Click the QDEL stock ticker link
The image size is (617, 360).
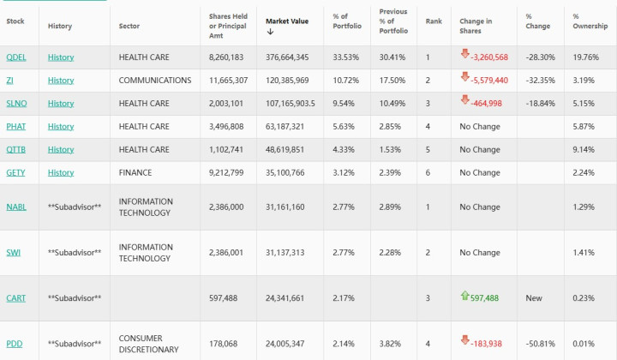[15, 57]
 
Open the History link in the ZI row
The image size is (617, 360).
[61, 80]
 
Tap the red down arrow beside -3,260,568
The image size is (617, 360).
[464, 55]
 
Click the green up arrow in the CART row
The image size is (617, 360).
[465, 296]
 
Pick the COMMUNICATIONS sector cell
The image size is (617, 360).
[155, 80]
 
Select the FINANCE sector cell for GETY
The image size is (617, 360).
[135, 172]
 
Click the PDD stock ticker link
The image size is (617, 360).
[15, 344]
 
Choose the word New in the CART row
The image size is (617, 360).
[533, 297]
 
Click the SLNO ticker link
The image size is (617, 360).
[16, 103]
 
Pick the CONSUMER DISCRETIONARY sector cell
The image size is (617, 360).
[149, 344]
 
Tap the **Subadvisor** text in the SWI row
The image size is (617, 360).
[75, 253]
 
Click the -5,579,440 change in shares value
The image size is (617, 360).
[489, 80]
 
